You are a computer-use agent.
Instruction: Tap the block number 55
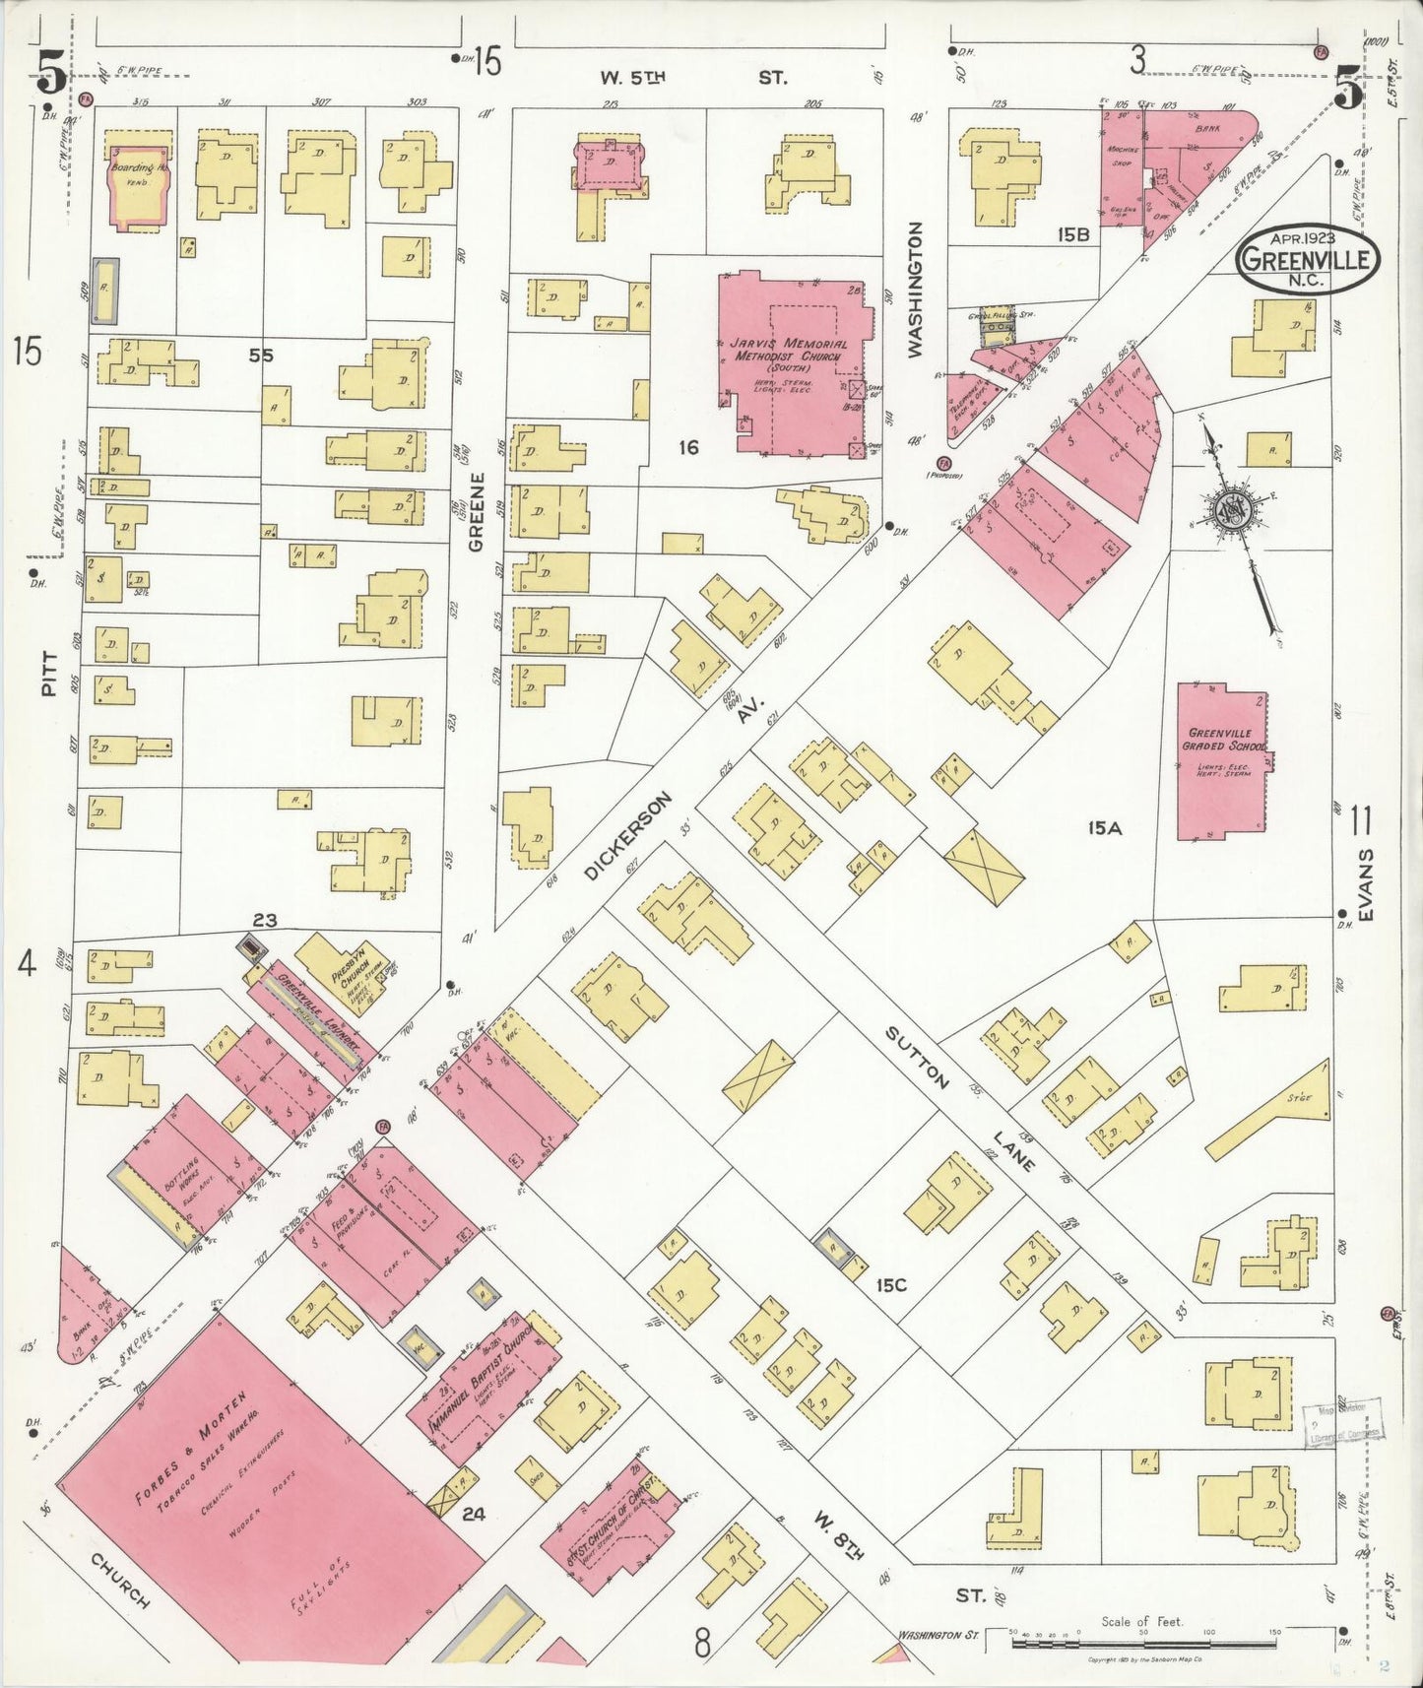coord(260,356)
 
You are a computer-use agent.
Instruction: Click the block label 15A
coord(1105,829)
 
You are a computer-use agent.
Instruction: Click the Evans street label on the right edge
coord(1365,885)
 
